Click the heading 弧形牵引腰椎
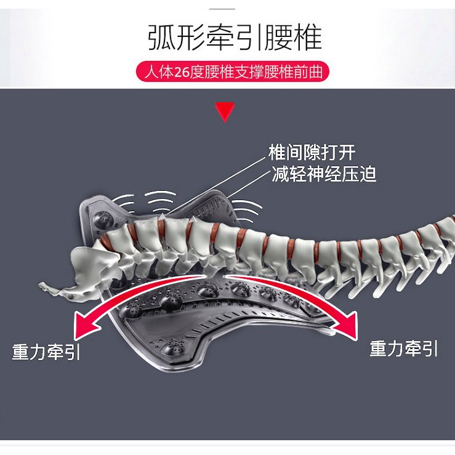(x=235, y=38)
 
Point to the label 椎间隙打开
(x=312, y=153)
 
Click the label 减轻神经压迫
(x=324, y=174)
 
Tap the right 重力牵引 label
(x=404, y=348)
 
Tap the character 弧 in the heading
(x=161, y=38)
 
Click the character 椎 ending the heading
(x=307, y=38)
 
